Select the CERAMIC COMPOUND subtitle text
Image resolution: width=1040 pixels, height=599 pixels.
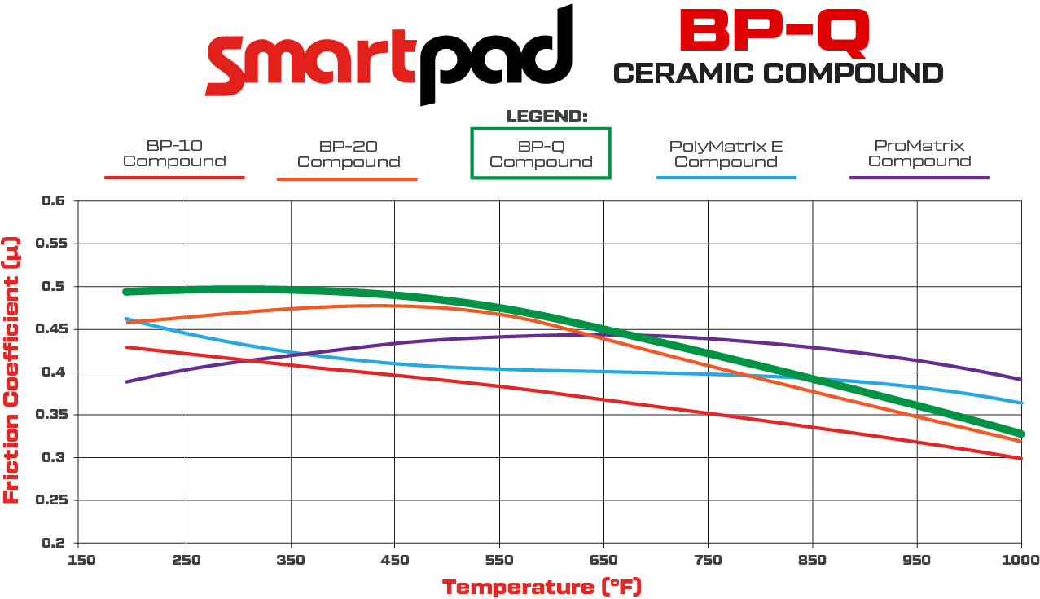point(778,73)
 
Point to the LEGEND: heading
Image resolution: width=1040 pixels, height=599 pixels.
point(546,117)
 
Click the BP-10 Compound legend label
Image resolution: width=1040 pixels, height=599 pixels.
point(174,154)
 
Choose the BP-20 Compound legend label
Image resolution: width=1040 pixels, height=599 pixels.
point(348,154)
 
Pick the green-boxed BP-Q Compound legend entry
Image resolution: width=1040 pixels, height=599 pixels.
point(541,154)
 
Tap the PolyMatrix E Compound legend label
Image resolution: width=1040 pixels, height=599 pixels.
point(726,154)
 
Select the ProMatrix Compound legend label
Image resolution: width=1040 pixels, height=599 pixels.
point(919,153)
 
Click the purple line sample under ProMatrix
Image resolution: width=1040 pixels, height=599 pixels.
point(919,177)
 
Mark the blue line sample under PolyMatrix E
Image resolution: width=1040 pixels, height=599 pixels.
point(726,177)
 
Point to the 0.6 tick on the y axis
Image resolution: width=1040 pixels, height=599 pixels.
point(54,200)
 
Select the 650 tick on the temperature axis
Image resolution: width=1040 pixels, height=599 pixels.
point(603,560)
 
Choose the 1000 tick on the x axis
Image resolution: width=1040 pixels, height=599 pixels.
point(1021,560)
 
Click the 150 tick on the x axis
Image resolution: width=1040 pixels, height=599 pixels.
point(82,560)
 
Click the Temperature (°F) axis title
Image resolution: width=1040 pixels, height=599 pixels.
point(542,587)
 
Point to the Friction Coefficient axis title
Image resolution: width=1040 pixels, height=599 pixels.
point(11,371)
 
